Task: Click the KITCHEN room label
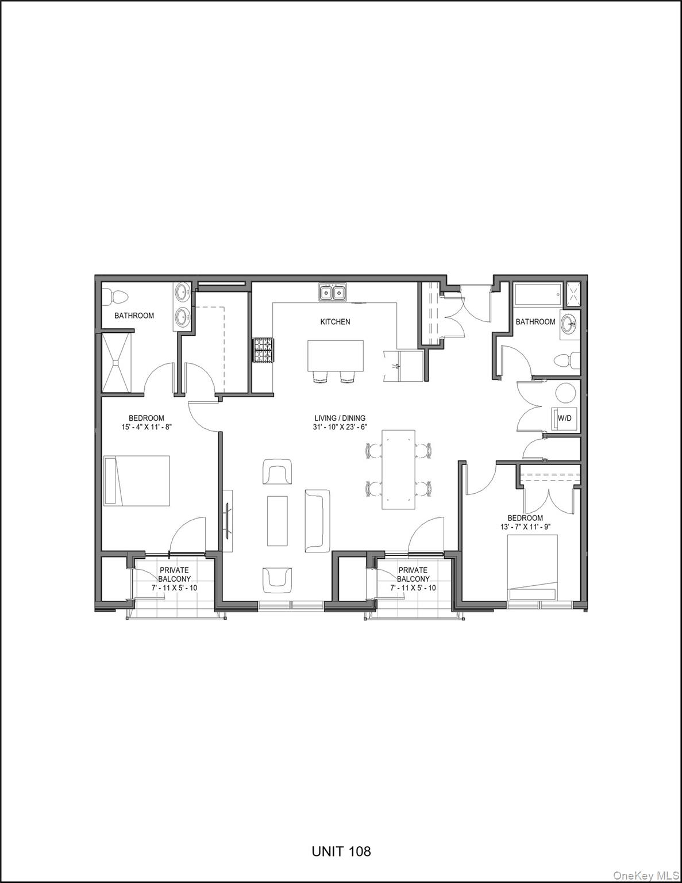[335, 322]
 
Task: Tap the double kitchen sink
[333, 293]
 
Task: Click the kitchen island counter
[336, 356]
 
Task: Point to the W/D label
[565, 417]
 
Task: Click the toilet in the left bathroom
[117, 297]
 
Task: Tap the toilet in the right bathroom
[566, 361]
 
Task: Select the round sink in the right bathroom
[570, 324]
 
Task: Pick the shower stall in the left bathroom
[117, 362]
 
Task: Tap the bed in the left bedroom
[137, 481]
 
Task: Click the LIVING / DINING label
[340, 419]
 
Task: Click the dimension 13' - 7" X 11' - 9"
[525, 527]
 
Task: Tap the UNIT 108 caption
[341, 851]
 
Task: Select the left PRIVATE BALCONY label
[174, 575]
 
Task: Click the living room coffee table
[278, 520]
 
